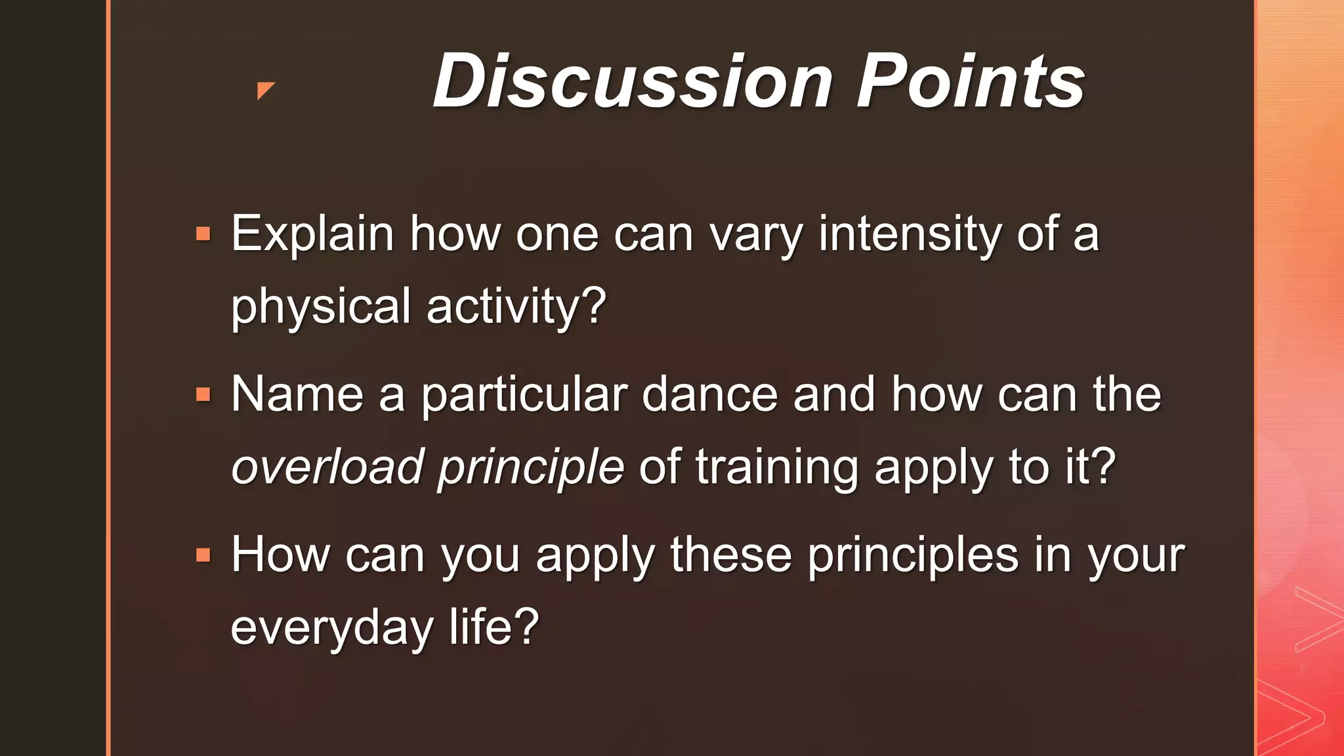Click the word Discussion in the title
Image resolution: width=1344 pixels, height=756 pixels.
pyautogui.click(x=633, y=81)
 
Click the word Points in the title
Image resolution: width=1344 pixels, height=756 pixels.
pyautogui.click(x=971, y=81)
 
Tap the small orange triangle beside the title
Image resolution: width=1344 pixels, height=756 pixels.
pyautogui.click(x=264, y=90)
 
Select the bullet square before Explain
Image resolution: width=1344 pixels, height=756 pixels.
pyautogui.click(x=203, y=234)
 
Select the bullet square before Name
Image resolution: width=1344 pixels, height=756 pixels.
pyautogui.click(x=203, y=395)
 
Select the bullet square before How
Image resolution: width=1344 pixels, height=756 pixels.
pyautogui.click(x=203, y=556)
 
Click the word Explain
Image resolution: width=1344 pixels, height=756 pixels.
pyautogui.click(x=312, y=234)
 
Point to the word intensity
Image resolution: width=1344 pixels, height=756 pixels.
pyautogui.click(x=909, y=234)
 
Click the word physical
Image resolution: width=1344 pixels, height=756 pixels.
pyautogui.click(x=320, y=306)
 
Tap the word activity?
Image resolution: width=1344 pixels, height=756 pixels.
pyautogui.click(x=516, y=306)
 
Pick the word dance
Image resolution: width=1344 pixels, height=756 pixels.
pyautogui.click(x=709, y=395)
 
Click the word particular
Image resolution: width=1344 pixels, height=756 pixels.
pyautogui.click(x=524, y=395)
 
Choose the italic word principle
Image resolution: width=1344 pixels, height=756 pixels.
pyautogui.click(x=530, y=467)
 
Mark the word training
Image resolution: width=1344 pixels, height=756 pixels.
pyautogui.click(x=777, y=467)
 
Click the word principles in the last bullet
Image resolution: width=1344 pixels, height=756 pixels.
pyautogui.click(x=913, y=556)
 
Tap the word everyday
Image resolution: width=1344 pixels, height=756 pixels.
pyautogui.click(x=331, y=628)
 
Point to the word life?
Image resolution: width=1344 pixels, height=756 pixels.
pyautogui.click(x=493, y=628)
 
